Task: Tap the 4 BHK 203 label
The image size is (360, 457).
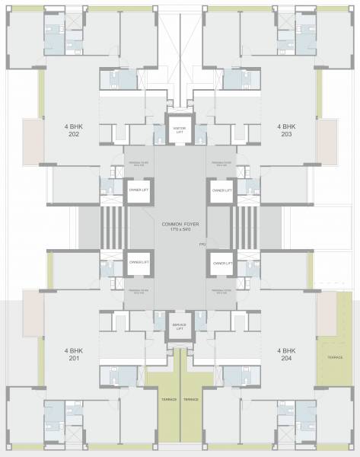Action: pos(286,129)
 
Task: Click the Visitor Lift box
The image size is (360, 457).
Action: pos(180,129)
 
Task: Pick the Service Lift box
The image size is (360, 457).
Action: pos(180,327)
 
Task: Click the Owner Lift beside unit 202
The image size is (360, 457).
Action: pos(138,190)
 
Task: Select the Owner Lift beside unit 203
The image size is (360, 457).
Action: pos(221,190)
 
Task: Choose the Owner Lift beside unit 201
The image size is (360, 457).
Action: pos(138,263)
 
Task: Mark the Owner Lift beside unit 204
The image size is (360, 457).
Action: pos(221,263)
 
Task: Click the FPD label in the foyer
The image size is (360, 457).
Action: pos(202,244)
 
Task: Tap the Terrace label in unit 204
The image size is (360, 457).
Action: pos(334,356)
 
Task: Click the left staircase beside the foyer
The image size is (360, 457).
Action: pos(111,226)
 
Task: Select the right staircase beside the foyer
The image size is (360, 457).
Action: pos(247,226)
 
